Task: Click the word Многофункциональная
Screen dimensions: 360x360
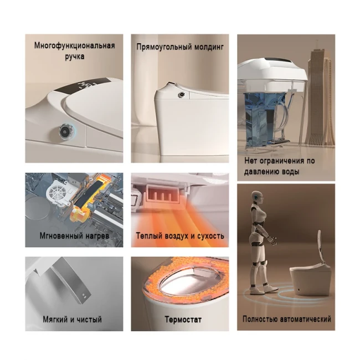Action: tap(74, 45)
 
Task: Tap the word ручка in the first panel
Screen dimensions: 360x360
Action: tap(75, 56)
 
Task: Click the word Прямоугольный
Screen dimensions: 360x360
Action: tap(164, 47)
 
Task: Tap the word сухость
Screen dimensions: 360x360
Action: tap(209, 236)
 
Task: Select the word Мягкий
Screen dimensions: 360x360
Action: tap(54, 319)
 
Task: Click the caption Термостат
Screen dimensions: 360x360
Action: tap(183, 320)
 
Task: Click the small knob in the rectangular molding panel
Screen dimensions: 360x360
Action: tap(182, 95)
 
